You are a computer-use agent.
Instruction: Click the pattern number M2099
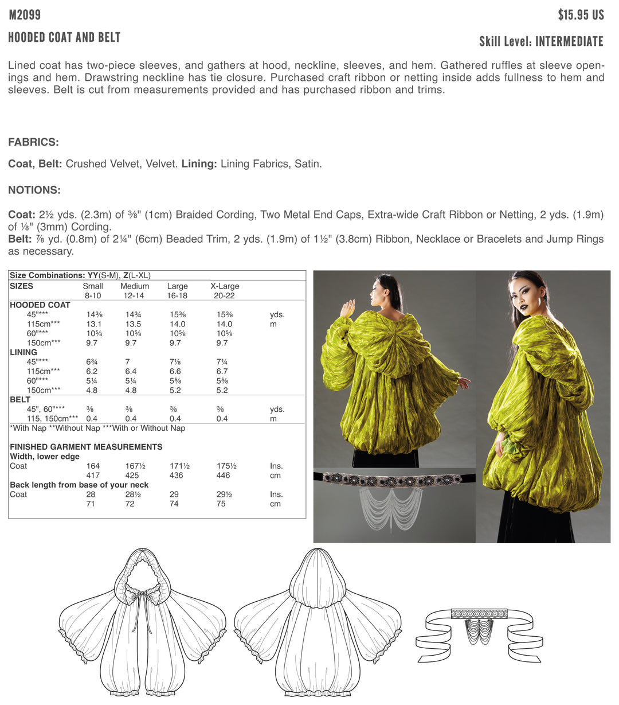[x=25, y=15]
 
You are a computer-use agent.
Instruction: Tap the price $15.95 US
[x=581, y=15]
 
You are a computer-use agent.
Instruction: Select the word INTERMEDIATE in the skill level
[x=569, y=41]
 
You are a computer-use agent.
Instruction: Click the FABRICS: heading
[x=33, y=142]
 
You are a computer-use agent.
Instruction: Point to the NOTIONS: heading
[x=34, y=190]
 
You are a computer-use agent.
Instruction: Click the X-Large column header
[x=225, y=286]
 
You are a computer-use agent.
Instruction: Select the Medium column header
[x=135, y=286]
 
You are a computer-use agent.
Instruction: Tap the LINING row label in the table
[x=23, y=352]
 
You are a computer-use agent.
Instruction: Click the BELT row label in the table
[x=20, y=399]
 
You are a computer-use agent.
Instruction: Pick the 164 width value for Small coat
[x=93, y=466]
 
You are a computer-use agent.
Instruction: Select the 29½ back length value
[x=221, y=494]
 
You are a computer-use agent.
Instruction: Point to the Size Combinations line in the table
[x=80, y=275]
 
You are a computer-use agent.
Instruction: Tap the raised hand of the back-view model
[x=347, y=309]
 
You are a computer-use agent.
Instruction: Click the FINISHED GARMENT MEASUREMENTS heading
[x=86, y=447]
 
